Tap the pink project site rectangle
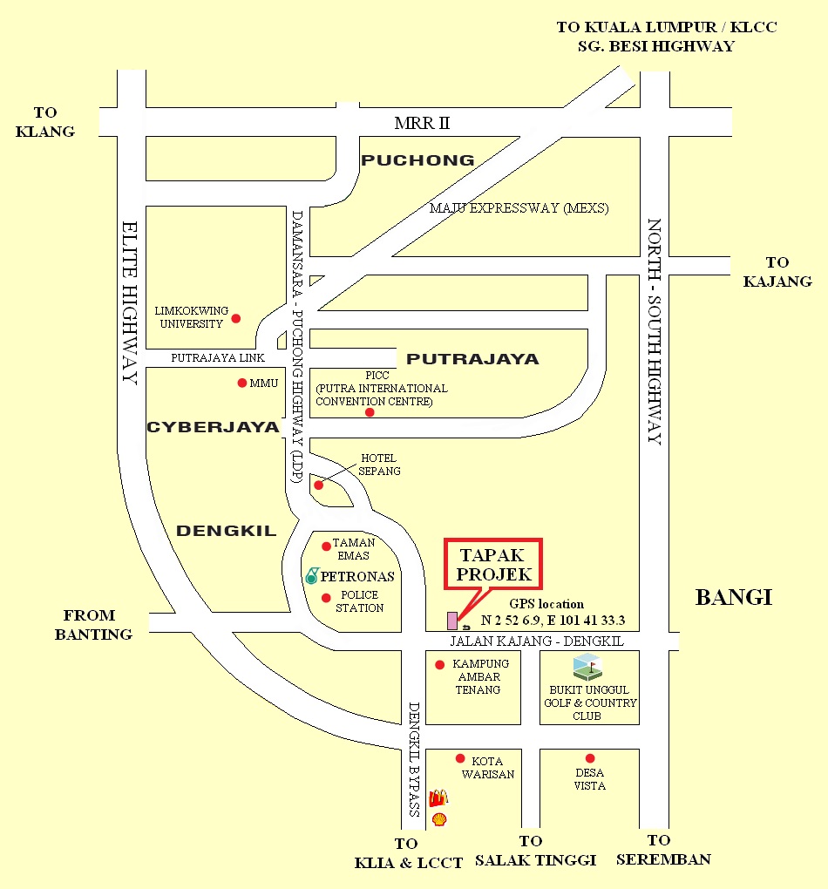click(x=451, y=620)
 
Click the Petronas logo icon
click(x=312, y=575)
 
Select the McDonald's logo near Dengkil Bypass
click(x=438, y=797)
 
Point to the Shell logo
click(x=439, y=819)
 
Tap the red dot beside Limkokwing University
click(x=235, y=319)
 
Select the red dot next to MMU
click(x=242, y=383)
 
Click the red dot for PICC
click(x=370, y=412)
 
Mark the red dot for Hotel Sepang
click(x=318, y=485)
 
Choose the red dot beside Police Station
click(x=326, y=598)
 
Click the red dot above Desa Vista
click(x=590, y=758)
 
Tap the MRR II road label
click(x=422, y=123)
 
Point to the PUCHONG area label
click(x=418, y=160)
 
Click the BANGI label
click(x=734, y=598)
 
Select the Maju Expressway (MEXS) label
click(x=519, y=208)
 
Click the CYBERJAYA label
click(x=213, y=428)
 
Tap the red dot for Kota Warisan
click(x=459, y=758)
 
